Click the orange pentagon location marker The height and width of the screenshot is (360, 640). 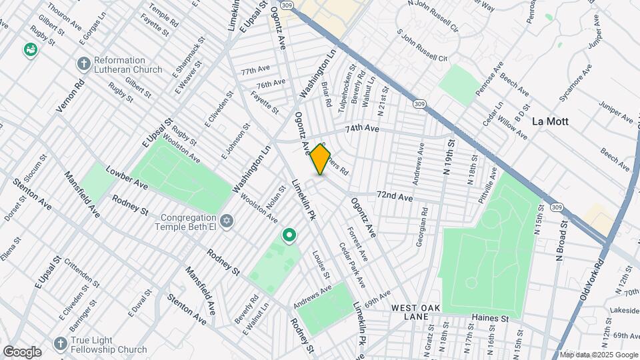pos(321,160)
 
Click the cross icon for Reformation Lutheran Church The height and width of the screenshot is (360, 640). pos(83,64)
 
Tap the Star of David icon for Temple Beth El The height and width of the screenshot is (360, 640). pos(227,221)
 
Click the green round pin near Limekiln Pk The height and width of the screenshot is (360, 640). pos(289,235)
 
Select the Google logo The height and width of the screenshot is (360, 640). pos(22,351)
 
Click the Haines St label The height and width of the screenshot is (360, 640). pos(489,319)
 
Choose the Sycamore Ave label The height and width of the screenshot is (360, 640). pos(575,83)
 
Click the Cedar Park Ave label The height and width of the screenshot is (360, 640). pos(353,265)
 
